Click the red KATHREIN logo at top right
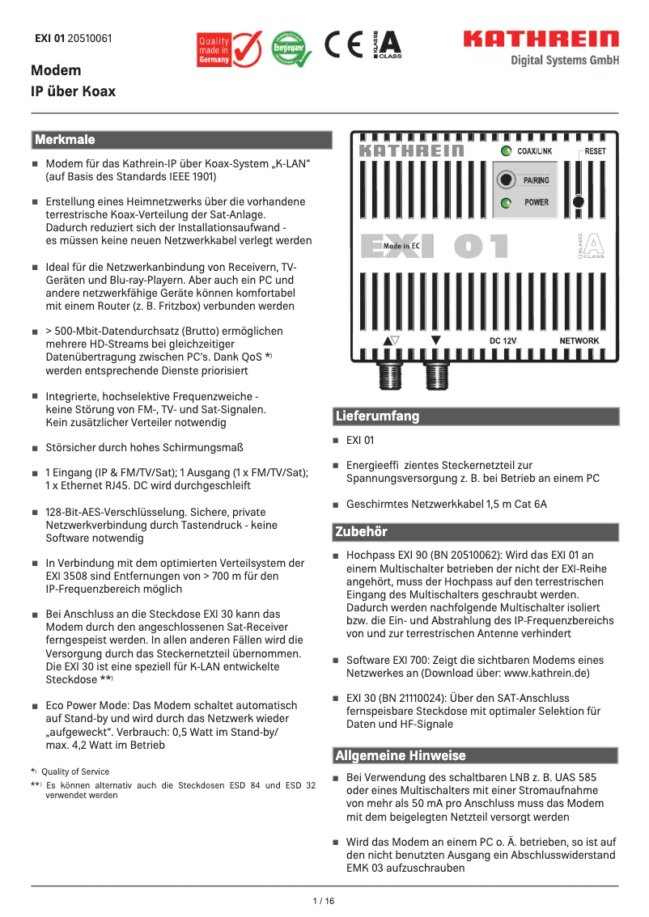coord(541,39)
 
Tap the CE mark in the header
coord(344,45)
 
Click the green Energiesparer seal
coord(289,49)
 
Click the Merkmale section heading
coord(181,141)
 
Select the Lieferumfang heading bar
coord(477,416)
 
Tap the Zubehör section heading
coord(477,532)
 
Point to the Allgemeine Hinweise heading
coord(477,756)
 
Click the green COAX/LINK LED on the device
coord(505,151)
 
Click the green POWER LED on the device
coord(505,202)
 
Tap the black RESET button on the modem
coord(579,201)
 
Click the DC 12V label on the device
coord(503,340)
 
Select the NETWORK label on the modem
coord(579,340)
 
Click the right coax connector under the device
coord(436,375)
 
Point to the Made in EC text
coord(401,245)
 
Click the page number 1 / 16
coord(324,901)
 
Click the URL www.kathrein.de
coord(546,673)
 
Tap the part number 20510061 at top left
coord(90,38)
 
